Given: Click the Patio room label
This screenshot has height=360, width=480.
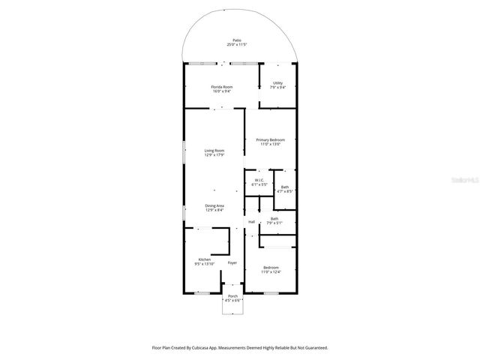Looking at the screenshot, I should (236, 40).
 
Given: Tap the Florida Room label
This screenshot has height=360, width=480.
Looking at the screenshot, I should (221, 87).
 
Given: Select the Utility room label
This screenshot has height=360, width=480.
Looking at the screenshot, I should (277, 83).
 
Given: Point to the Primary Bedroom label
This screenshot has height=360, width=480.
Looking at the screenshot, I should (270, 139).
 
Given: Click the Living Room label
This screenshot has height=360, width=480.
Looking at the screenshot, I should (214, 151).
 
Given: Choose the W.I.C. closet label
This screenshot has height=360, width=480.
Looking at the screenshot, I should (258, 180).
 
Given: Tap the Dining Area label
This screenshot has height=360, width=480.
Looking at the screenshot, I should (214, 205).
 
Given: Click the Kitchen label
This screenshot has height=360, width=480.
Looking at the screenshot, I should (205, 259).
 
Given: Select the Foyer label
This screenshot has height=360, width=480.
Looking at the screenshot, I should (232, 262).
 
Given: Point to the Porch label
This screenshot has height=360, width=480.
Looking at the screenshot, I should (232, 296).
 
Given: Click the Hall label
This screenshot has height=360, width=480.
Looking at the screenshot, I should (251, 221).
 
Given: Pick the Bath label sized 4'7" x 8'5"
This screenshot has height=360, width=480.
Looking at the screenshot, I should (284, 187).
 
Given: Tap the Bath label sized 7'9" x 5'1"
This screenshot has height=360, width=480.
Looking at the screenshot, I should (274, 219).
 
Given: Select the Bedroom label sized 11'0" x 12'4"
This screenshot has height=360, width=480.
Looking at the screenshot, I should (270, 268).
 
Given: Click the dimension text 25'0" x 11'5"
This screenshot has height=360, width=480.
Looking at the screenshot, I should (236, 45).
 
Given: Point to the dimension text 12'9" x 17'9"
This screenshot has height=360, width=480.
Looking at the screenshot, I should (214, 155).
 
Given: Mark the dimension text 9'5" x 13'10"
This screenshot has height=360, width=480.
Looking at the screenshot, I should (205, 264).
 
